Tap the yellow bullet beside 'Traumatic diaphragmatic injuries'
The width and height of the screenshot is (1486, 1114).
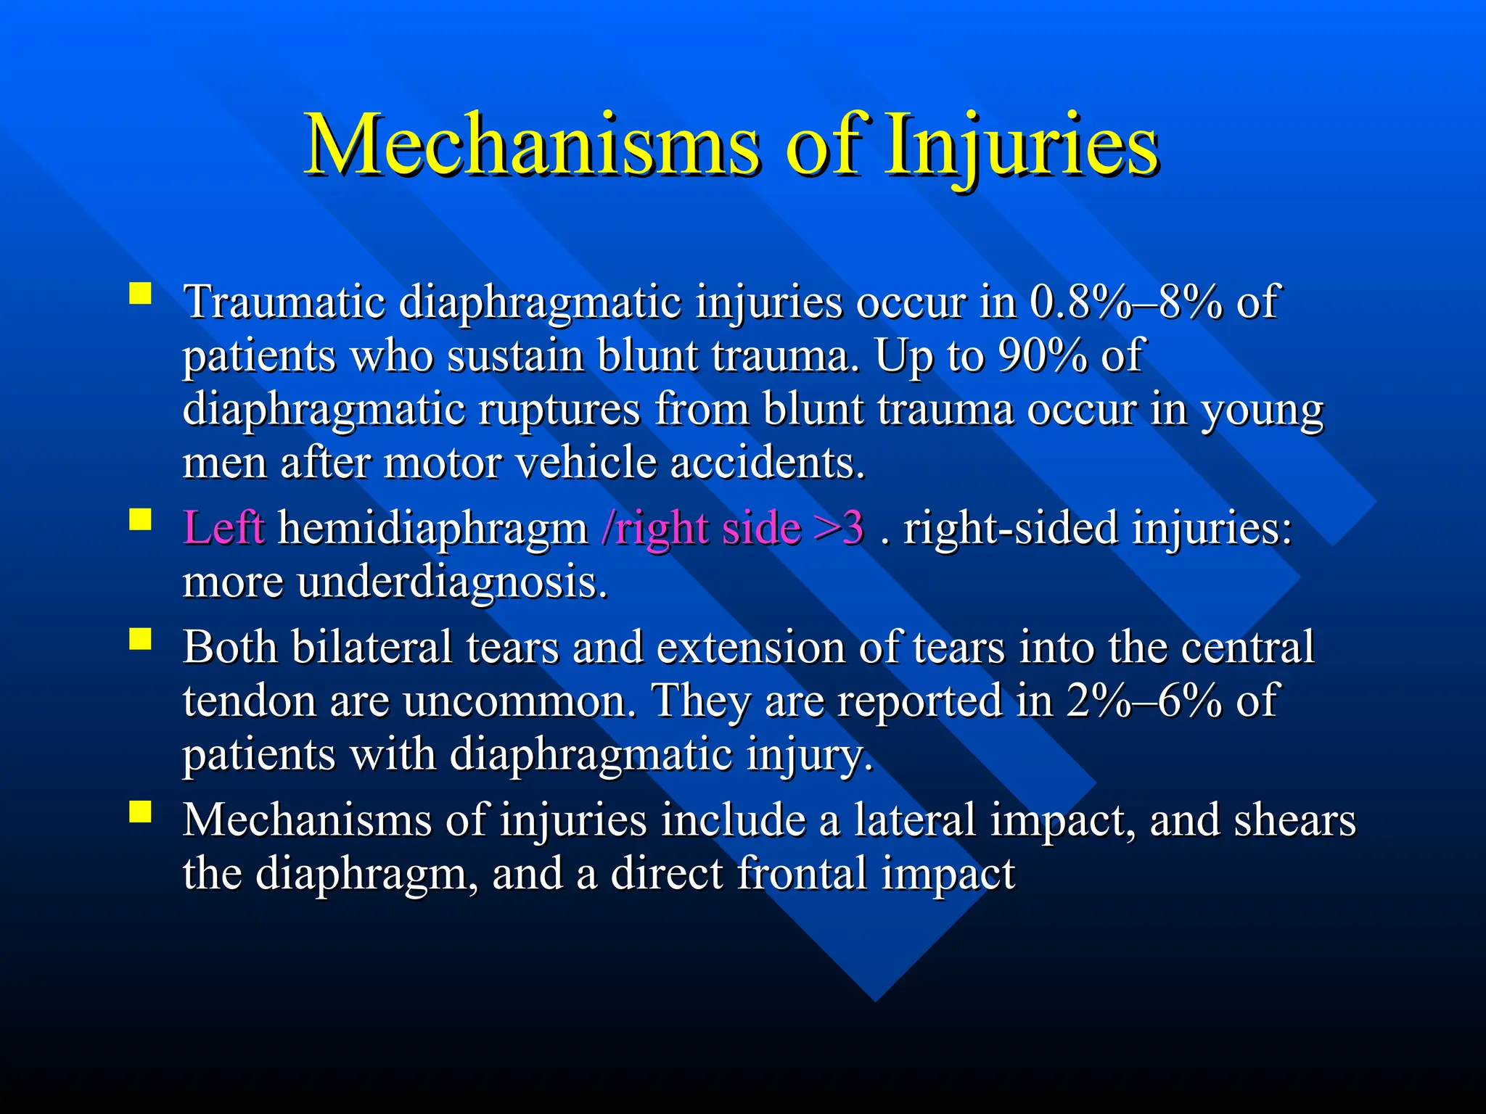click(140, 294)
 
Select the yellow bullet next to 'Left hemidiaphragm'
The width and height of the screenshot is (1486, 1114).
click(140, 520)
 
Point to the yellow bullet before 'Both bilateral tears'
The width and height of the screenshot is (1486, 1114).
click(140, 639)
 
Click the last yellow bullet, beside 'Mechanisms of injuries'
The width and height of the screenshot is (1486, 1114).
click(140, 812)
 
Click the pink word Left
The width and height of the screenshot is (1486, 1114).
click(223, 527)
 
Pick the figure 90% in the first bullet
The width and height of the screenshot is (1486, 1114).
click(1042, 355)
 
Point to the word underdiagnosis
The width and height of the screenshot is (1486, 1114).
click(453, 582)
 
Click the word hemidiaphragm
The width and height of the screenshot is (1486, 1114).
click(433, 529)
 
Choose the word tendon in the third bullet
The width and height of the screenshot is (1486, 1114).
click(249, 701)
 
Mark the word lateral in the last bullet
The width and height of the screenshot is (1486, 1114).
click(915, 820)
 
